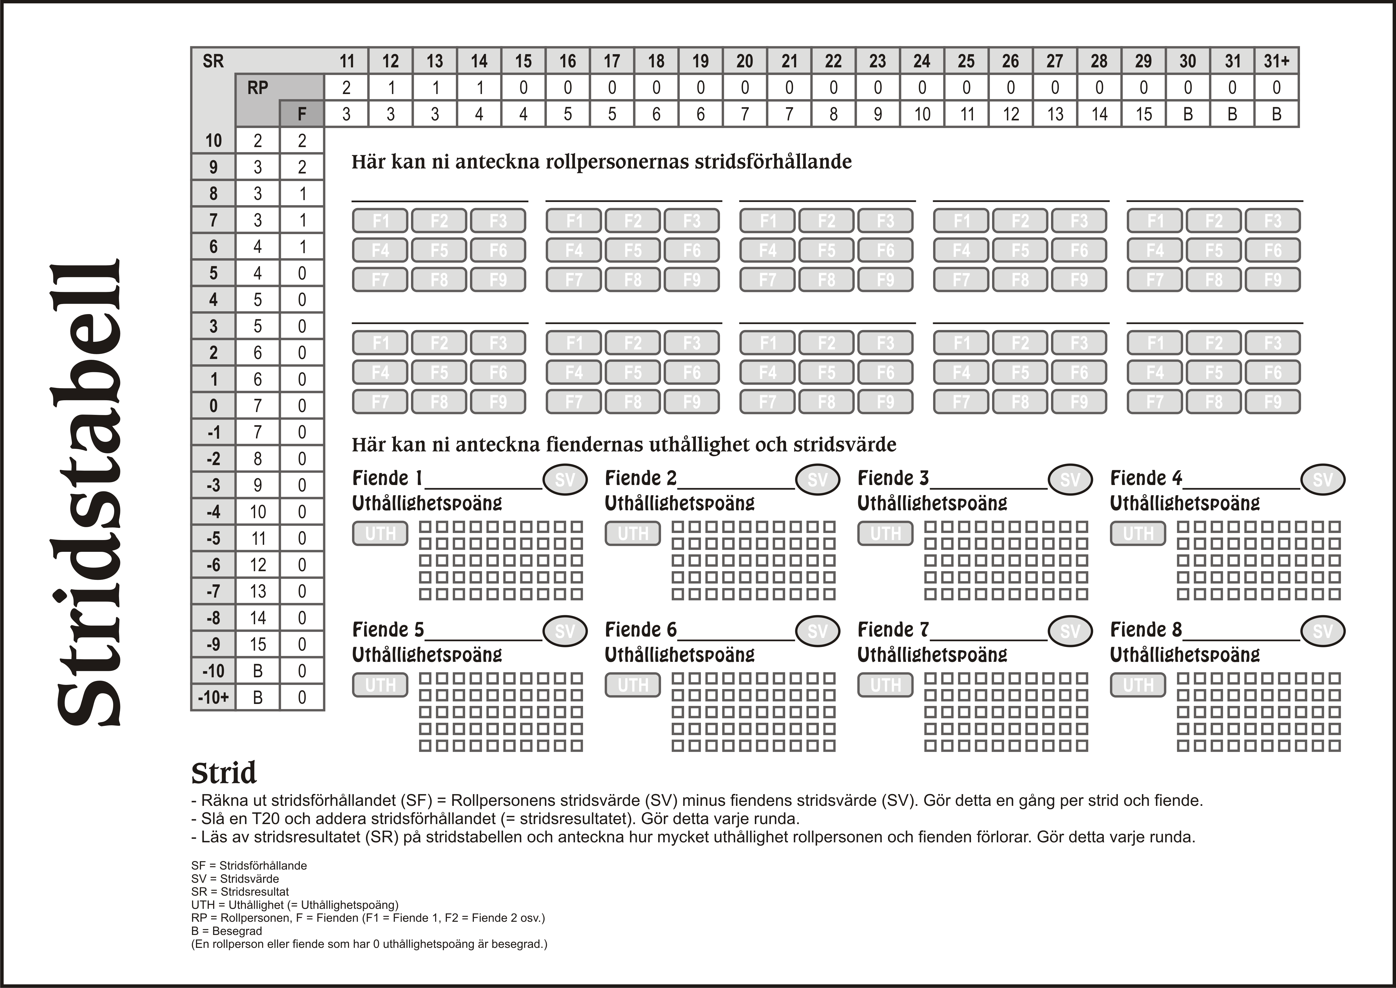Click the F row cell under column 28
(x=1099, y=114)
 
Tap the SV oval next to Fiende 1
(x=565, y=479)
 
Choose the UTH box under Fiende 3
(x=886, y=534)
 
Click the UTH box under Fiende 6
(x=633, y=685)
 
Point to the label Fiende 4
(x=1146, y=478)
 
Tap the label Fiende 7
(x=893, y=630)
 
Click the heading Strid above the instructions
(x=224, y=773)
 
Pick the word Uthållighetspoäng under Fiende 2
(x=679, y=503)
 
